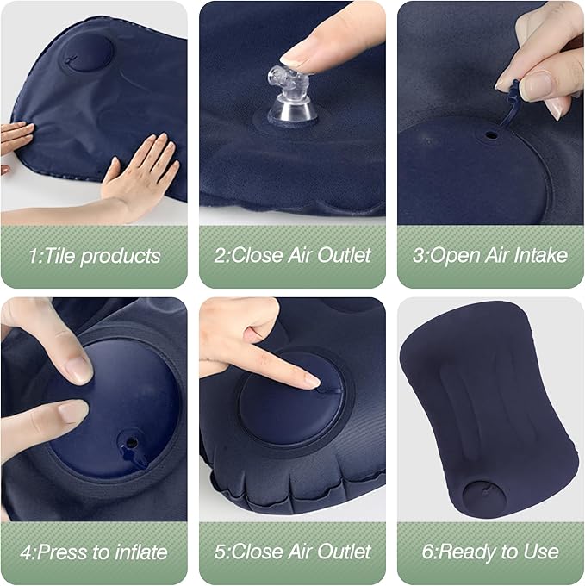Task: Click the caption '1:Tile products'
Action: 94,256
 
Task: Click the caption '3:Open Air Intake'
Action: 489,255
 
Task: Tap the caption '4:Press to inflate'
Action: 94,551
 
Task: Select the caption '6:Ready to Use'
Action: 489,551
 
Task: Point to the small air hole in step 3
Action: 490,136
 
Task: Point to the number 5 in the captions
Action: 219,551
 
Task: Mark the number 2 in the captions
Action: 219,255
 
